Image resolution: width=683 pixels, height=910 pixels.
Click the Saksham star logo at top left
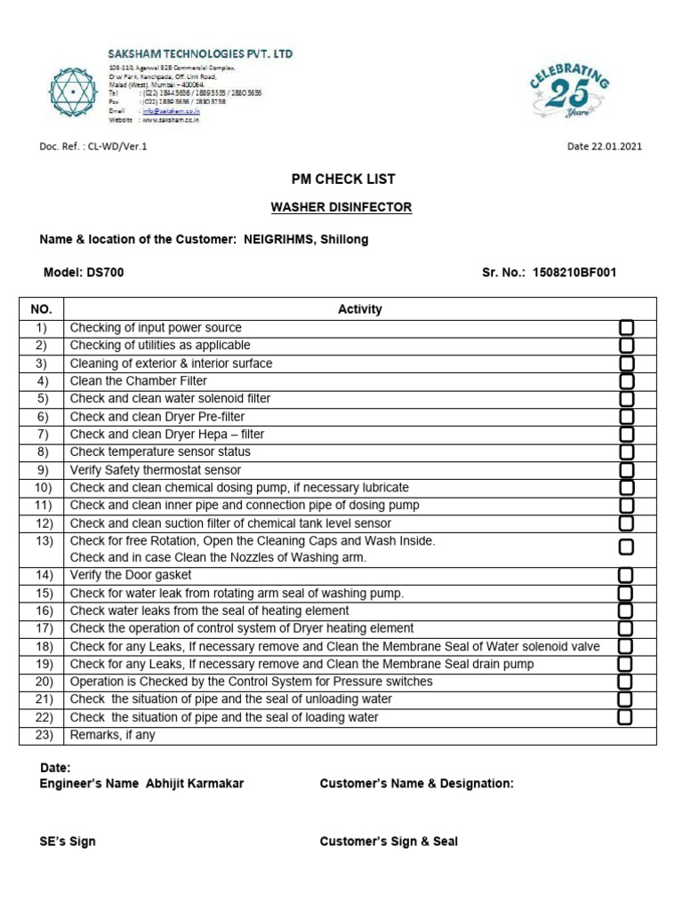tap(69, 92)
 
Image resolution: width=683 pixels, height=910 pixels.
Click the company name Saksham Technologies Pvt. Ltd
tap(201, 54)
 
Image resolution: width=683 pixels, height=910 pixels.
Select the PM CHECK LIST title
tap(341, 179)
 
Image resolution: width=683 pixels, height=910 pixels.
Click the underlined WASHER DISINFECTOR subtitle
tap(341, 207)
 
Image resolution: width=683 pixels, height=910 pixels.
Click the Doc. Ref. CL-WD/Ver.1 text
tap(93, 147)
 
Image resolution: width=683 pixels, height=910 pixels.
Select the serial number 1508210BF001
tap(574, 273)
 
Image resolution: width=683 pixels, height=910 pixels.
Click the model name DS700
tap(105, 273)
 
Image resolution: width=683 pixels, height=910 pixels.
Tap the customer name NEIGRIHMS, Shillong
tap(306, 240)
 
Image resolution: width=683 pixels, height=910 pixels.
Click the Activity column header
tap(359, 309)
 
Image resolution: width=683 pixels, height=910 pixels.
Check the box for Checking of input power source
tap(627, 328)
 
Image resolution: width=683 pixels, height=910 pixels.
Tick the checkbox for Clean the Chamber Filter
tap(627, 381)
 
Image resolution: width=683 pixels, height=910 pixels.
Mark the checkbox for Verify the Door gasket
tap(627, 576)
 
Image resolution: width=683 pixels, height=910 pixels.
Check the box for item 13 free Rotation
tap(627, 547)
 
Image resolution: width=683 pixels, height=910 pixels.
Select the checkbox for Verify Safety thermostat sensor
tap(627, 470)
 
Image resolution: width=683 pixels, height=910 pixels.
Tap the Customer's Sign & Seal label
tap(389, 842)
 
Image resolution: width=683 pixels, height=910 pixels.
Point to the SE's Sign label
tap(68, 842)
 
